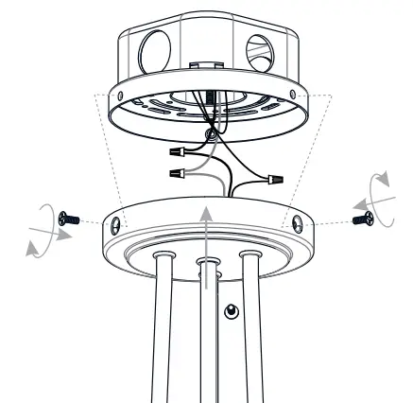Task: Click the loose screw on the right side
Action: point(361,219)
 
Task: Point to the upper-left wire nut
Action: point(177,150)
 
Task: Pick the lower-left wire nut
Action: point(175,174)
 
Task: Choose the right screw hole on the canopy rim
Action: point(297,225)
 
